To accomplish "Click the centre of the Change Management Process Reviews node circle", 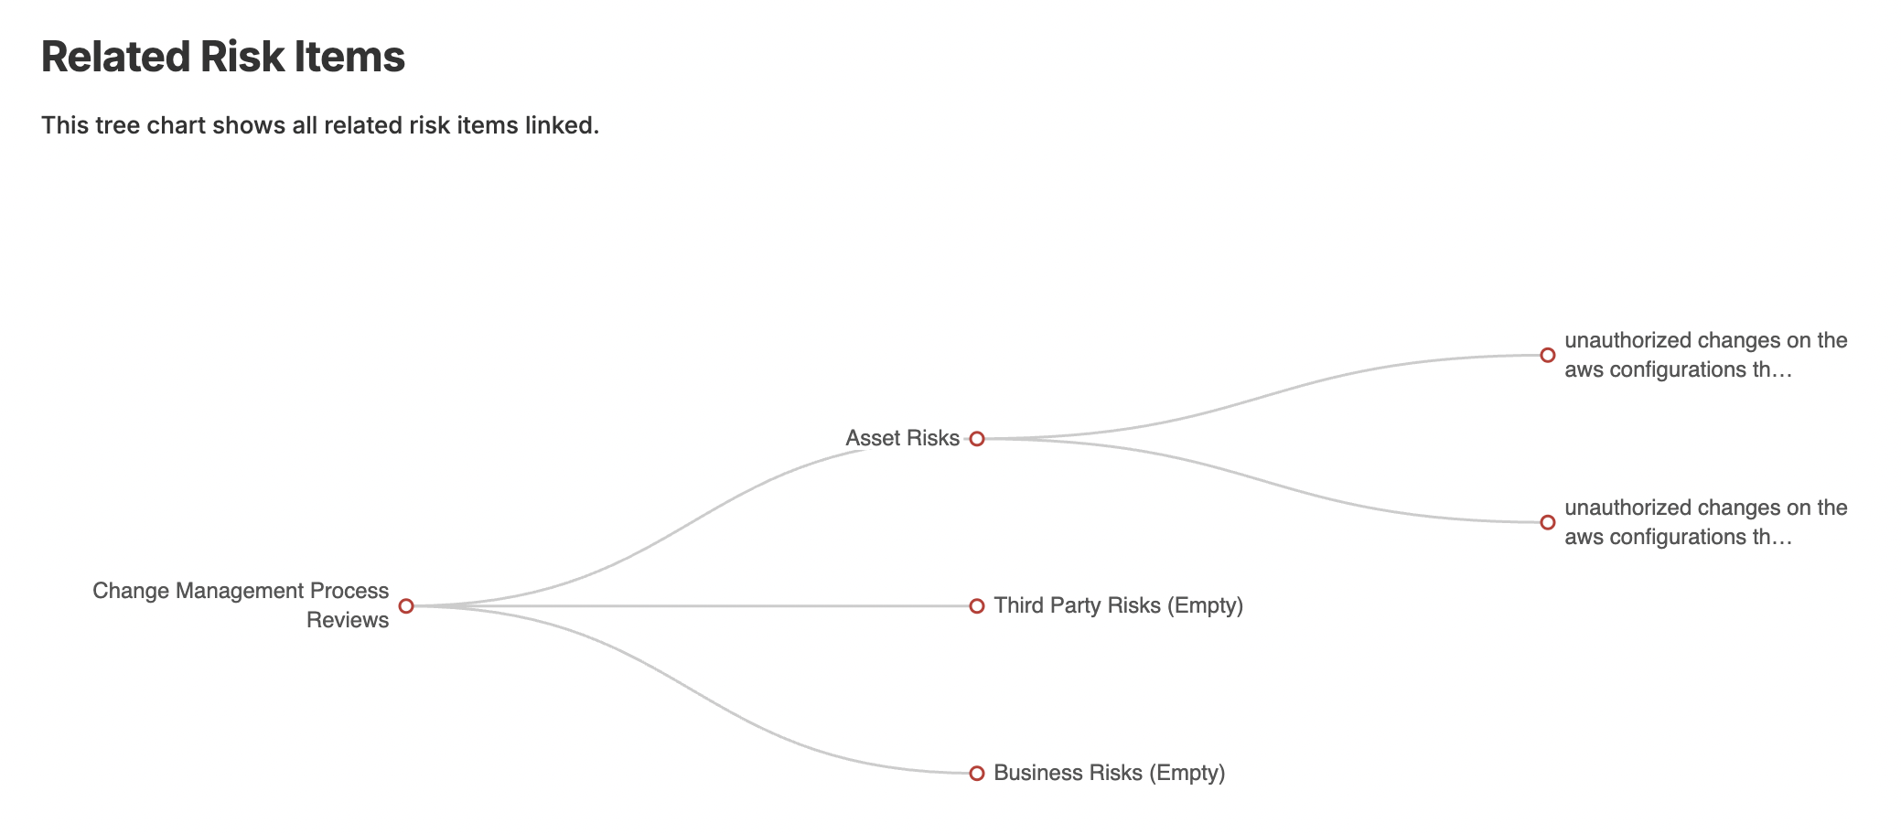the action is [406, 605].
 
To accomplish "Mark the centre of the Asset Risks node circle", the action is [977, 439].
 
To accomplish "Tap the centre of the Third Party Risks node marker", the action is [977, 605].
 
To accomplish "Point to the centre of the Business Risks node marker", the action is [977, 773].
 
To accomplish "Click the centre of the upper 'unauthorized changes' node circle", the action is [1548, 355].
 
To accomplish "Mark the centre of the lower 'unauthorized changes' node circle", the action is [1548, 522].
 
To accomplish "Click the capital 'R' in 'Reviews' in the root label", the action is [313, 620].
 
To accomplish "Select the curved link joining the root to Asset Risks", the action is [692, 522].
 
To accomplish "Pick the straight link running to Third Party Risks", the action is [692, 605].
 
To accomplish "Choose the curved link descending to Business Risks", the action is [692, 690].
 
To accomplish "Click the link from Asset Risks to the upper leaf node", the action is [1262, 397].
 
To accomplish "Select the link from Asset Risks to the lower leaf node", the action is [1262, 480].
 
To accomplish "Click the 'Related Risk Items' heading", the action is [223, 57].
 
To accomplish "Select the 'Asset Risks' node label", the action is [902, 438].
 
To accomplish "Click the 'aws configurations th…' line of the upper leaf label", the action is [1678, 369].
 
